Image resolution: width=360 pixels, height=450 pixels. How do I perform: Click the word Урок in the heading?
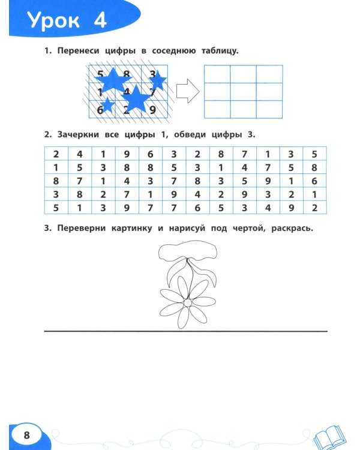pyautogui.click(x=55, y=21)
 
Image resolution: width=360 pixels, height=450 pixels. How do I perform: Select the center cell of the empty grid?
pyautogui.click(x=244, y=92)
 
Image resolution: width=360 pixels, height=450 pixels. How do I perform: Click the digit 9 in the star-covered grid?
pyautogui.click(x=152, y=109)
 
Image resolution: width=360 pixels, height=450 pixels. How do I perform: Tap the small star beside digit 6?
pyautogui.click(x=107, y=106)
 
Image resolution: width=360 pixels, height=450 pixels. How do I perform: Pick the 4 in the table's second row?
pyautogui.click(x=244, y=168)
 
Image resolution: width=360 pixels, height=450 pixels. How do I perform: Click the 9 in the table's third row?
pyautogui.click(x=268, y=181)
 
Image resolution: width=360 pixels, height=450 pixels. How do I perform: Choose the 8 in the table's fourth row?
pyautogui.click(x=79, y=194)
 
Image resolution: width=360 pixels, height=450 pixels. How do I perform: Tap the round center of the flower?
pyautogui.click(x=187, y=303)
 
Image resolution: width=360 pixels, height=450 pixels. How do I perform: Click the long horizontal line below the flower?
pyautogui.click(x=186, y=331)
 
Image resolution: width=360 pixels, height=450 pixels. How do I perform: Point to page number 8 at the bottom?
pyautogui.click(x=25, y=434)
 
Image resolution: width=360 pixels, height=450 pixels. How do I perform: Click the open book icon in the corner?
pyautogui.click(x=328, y=434)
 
